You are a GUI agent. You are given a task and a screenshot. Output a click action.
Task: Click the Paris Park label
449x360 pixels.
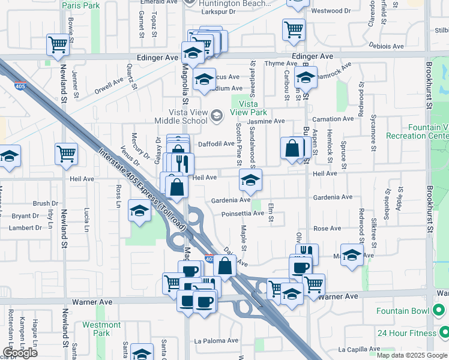(x=81, y=5)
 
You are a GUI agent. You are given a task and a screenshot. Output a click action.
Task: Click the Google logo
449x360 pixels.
(x=20, y=353)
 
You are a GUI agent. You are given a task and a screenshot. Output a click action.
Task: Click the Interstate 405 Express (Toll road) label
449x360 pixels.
(x=142, y=189)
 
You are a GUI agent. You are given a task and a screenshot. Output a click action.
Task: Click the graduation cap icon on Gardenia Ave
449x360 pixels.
(x=250, y=179)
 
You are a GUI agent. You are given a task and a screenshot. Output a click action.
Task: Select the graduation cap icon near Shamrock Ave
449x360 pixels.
(x=306, y=77)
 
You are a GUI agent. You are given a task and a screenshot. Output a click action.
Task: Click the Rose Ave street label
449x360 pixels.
(x=327, y=229)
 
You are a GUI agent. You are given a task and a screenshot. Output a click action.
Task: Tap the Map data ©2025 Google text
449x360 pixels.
(x=412, y=355)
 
